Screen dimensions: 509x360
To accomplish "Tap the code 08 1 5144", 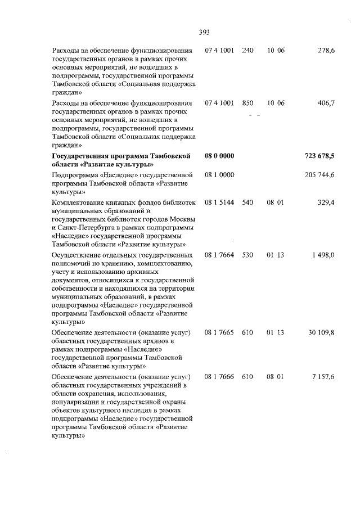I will point(219,202).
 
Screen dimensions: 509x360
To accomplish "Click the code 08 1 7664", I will point(219,255).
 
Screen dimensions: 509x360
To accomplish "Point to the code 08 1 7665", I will point(219,333).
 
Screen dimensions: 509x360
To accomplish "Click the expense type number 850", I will point(247,103).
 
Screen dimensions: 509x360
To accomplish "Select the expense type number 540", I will point(247,202).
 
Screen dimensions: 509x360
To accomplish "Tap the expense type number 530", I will point(247,255).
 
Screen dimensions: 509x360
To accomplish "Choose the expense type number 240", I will point(247,51).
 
